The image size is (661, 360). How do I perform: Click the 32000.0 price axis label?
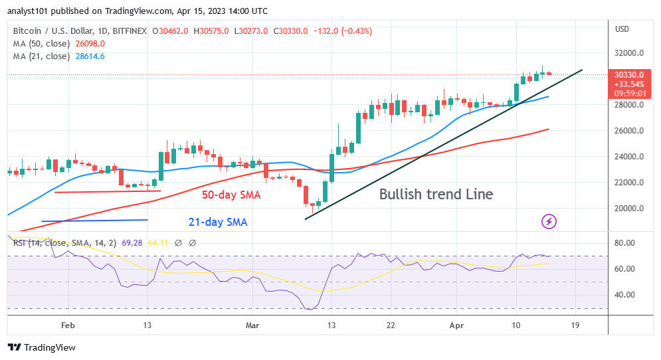tap(628, 53)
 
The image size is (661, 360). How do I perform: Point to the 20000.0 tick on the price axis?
tap(628, 209)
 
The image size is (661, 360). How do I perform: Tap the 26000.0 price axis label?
tap(628, 131)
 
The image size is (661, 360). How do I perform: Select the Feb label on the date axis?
tap(66, 326)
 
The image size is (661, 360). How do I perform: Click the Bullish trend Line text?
tap(436, 195)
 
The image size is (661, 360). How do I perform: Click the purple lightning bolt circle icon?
tap(549, 221)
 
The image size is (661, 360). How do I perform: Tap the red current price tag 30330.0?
tap(628, 75)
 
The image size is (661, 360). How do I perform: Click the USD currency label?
tap(622, 29)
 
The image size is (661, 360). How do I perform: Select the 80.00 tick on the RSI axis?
tap(626, 243)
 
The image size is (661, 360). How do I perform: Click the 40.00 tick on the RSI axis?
tap(626, 295)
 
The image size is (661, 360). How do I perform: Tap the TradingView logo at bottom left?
tap(42, 347)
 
